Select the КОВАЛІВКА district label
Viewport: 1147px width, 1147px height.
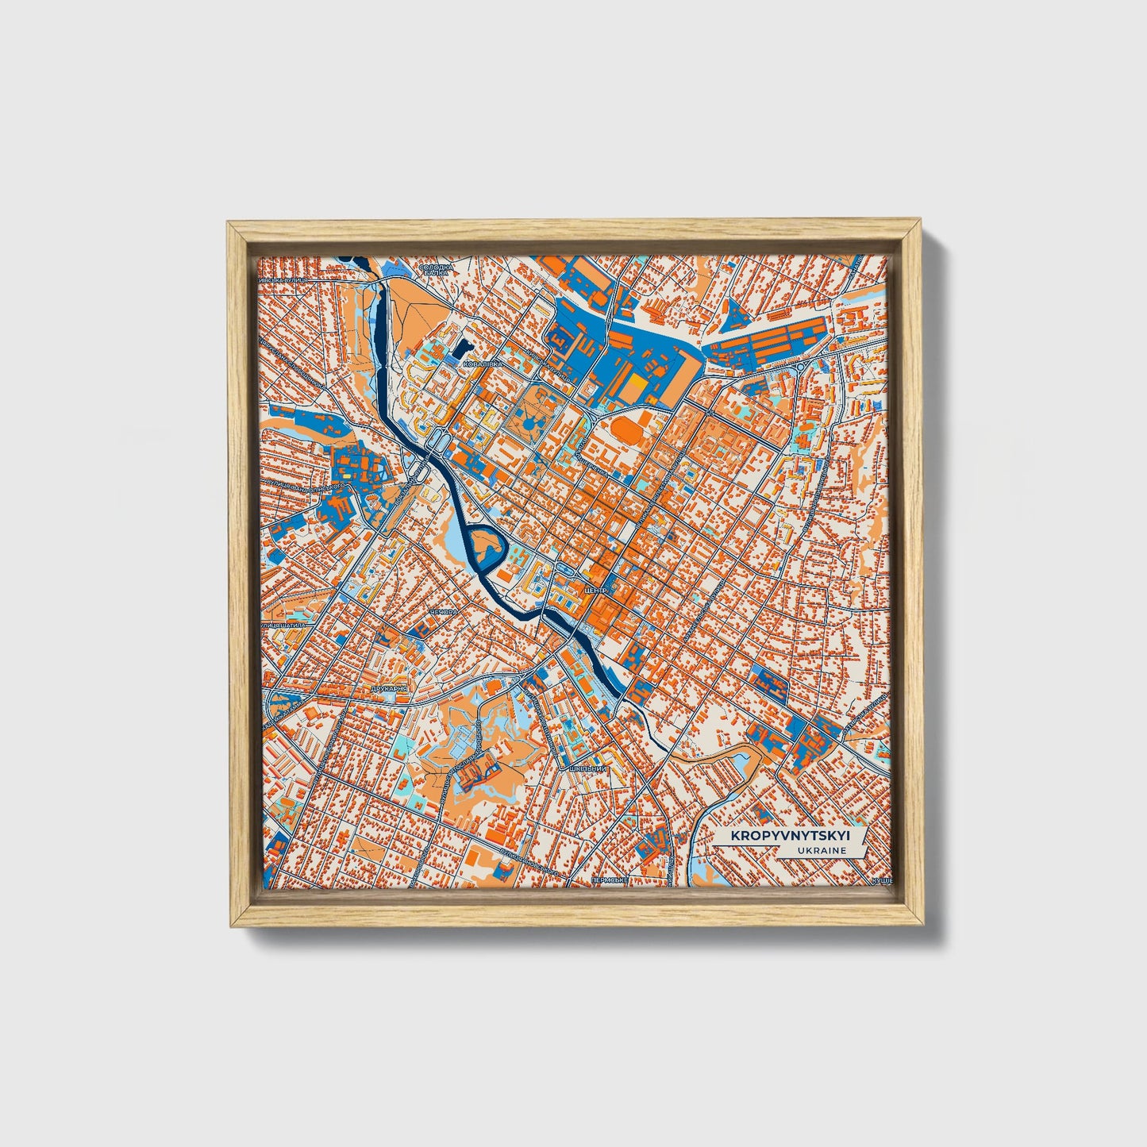click(483, 364)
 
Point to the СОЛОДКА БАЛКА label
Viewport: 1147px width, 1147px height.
click(437, 270)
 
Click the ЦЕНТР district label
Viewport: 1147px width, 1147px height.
click(594, 591)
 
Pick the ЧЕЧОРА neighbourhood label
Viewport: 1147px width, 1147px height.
click(442, 613)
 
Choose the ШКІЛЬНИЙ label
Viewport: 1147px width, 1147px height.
click(583, 769)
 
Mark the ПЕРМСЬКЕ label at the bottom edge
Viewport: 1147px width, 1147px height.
click(610, 881)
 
